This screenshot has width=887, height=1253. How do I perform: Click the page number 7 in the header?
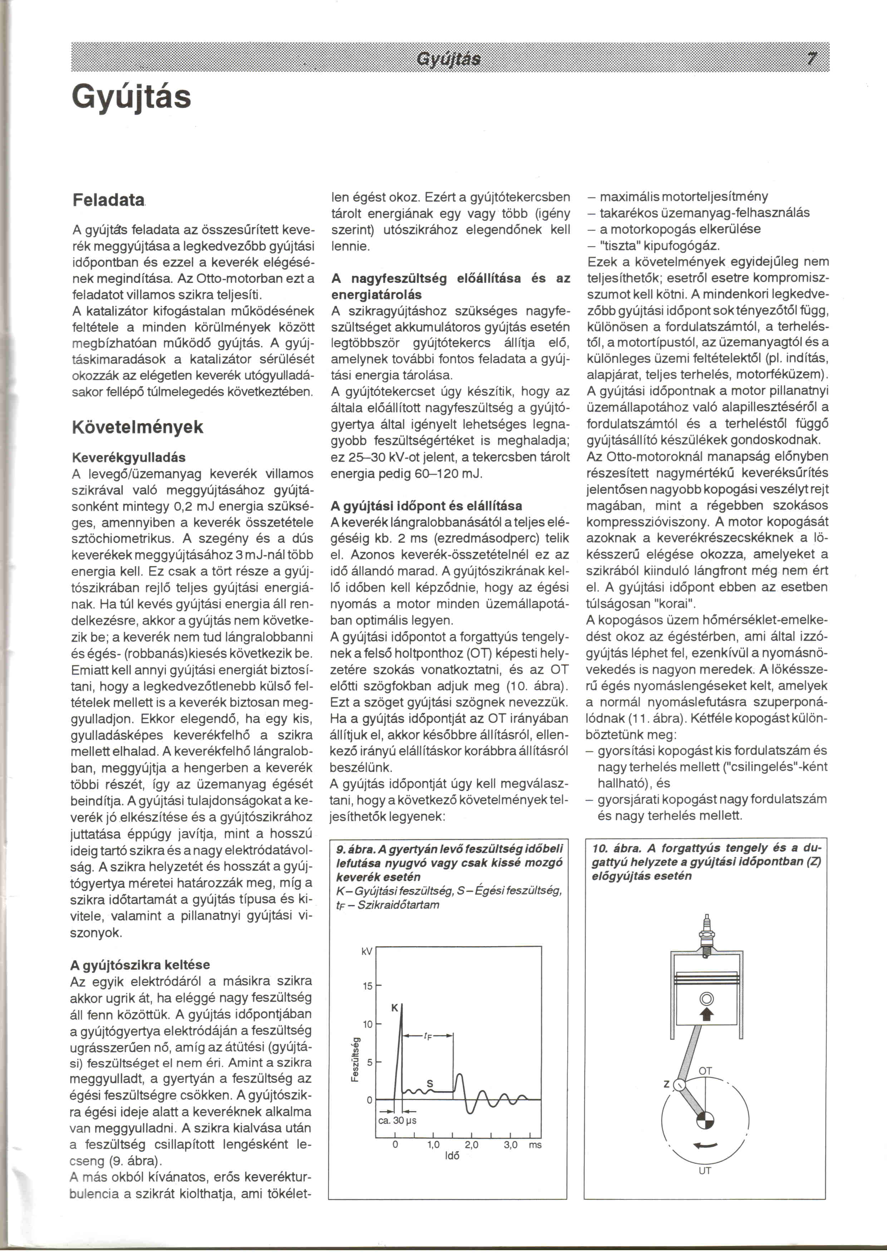point(812,58)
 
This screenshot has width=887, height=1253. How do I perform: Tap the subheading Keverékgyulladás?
point(128,457)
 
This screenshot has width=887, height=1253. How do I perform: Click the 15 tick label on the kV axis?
point(368,986)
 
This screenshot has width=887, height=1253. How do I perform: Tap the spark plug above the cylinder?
point(707,937)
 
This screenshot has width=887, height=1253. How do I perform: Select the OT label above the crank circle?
point(705,1071)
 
